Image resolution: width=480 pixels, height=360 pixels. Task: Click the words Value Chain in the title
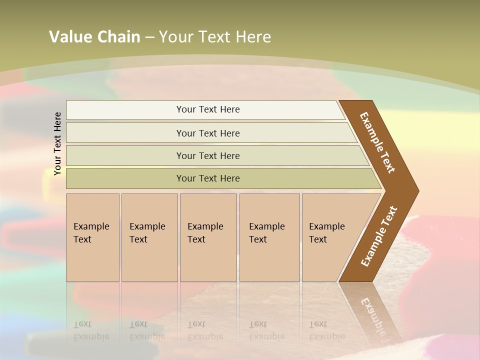click(x=94, y=37)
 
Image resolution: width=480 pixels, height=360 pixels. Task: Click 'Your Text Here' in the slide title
click(x=215, y=37)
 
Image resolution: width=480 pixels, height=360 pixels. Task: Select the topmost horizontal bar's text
click(x=208, y=109)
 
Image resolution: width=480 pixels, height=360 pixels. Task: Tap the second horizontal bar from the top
click(x=208, y=133)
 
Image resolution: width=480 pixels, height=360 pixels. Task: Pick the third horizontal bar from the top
click(x=208, y=155)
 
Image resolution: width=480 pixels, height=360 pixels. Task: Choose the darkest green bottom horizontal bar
click(x=208, y=178)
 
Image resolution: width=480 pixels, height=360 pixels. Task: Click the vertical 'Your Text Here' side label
click(x=57, y=143)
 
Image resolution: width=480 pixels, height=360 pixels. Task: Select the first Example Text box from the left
click(x=92, y=237)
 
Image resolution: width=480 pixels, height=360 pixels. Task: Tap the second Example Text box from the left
click(x=149, y=237)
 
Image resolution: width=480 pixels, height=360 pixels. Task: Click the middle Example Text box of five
click(x=207, y=237)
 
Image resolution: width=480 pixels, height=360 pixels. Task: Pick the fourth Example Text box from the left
click(x=269, y=237)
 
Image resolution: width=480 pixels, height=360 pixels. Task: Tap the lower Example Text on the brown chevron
click(x=379, y=236)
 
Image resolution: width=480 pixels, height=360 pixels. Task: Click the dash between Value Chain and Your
click(x=149, y=37)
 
